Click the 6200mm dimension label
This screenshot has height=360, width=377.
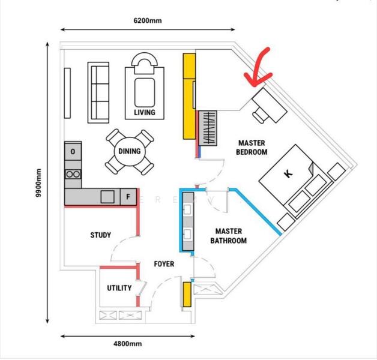coord(148,20)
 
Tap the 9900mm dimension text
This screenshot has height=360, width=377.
coord(38,183)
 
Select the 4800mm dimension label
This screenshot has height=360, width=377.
coord(128,344)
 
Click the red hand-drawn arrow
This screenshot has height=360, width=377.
coord(258,70)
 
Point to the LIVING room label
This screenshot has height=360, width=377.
coord(145,112)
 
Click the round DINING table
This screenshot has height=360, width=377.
coord(130,151)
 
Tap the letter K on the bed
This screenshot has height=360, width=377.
coord(288,173)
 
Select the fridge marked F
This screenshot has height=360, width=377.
coord(128,197)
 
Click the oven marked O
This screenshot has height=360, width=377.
coord(73,151)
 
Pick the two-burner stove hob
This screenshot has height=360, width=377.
coord(73,174)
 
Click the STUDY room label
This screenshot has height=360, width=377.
coord(100,235)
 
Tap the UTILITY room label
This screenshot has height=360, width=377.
coord(119,287)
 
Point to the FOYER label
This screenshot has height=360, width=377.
coord(164,264)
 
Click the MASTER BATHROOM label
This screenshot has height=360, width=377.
coord(228,236)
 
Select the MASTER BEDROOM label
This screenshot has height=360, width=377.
coord(252,148)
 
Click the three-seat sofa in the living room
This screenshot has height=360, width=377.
coord(98,92)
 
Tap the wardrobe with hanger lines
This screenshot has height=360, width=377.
coord(208,128)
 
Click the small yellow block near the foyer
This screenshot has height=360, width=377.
coord(187,295)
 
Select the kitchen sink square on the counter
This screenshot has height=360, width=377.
coord(107,197)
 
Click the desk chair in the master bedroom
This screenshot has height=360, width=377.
coord(260,115)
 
